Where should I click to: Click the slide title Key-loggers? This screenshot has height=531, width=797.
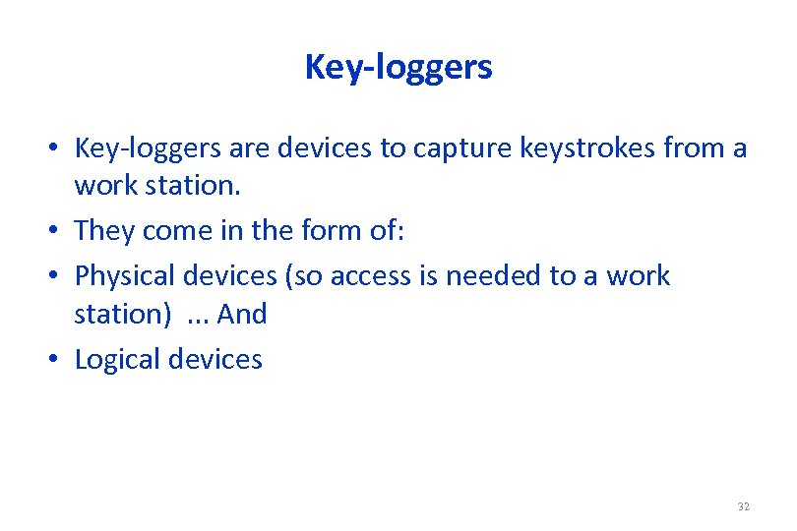coord(398,67)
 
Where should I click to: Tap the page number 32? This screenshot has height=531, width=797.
coord(743,506)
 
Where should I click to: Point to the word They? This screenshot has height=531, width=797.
coord(105,230)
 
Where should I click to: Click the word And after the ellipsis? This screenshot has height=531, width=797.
coord(242,315)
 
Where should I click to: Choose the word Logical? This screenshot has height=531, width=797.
coord(118,360)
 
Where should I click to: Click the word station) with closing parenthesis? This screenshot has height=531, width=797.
coord(122,315)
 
